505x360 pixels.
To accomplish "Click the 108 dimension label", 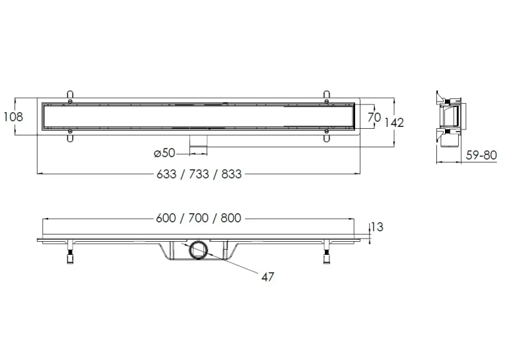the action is pyautogui.click(x=13, y=116).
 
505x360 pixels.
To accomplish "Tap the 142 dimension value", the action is pyautogui.click(x=394, y=123).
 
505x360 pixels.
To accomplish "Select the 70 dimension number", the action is pyautogui.click(x=374, y=117).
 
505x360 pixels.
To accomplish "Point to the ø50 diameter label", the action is pyautogui.click(x=164, y=153).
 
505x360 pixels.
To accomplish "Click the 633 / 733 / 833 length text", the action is pyautogui.click(x=199, y=174).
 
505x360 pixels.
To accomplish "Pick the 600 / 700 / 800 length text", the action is pyautogui.click(x=199, y=218).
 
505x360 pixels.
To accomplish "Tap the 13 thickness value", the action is pyautogui.click(x=377, y=227).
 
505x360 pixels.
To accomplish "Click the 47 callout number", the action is pyautogui.click(x=267, y=277).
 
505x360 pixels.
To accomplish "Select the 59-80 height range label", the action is pyautogui.click(x=481, y=155).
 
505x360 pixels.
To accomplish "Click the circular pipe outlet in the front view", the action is pyautogui.click(x=197, y=250).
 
